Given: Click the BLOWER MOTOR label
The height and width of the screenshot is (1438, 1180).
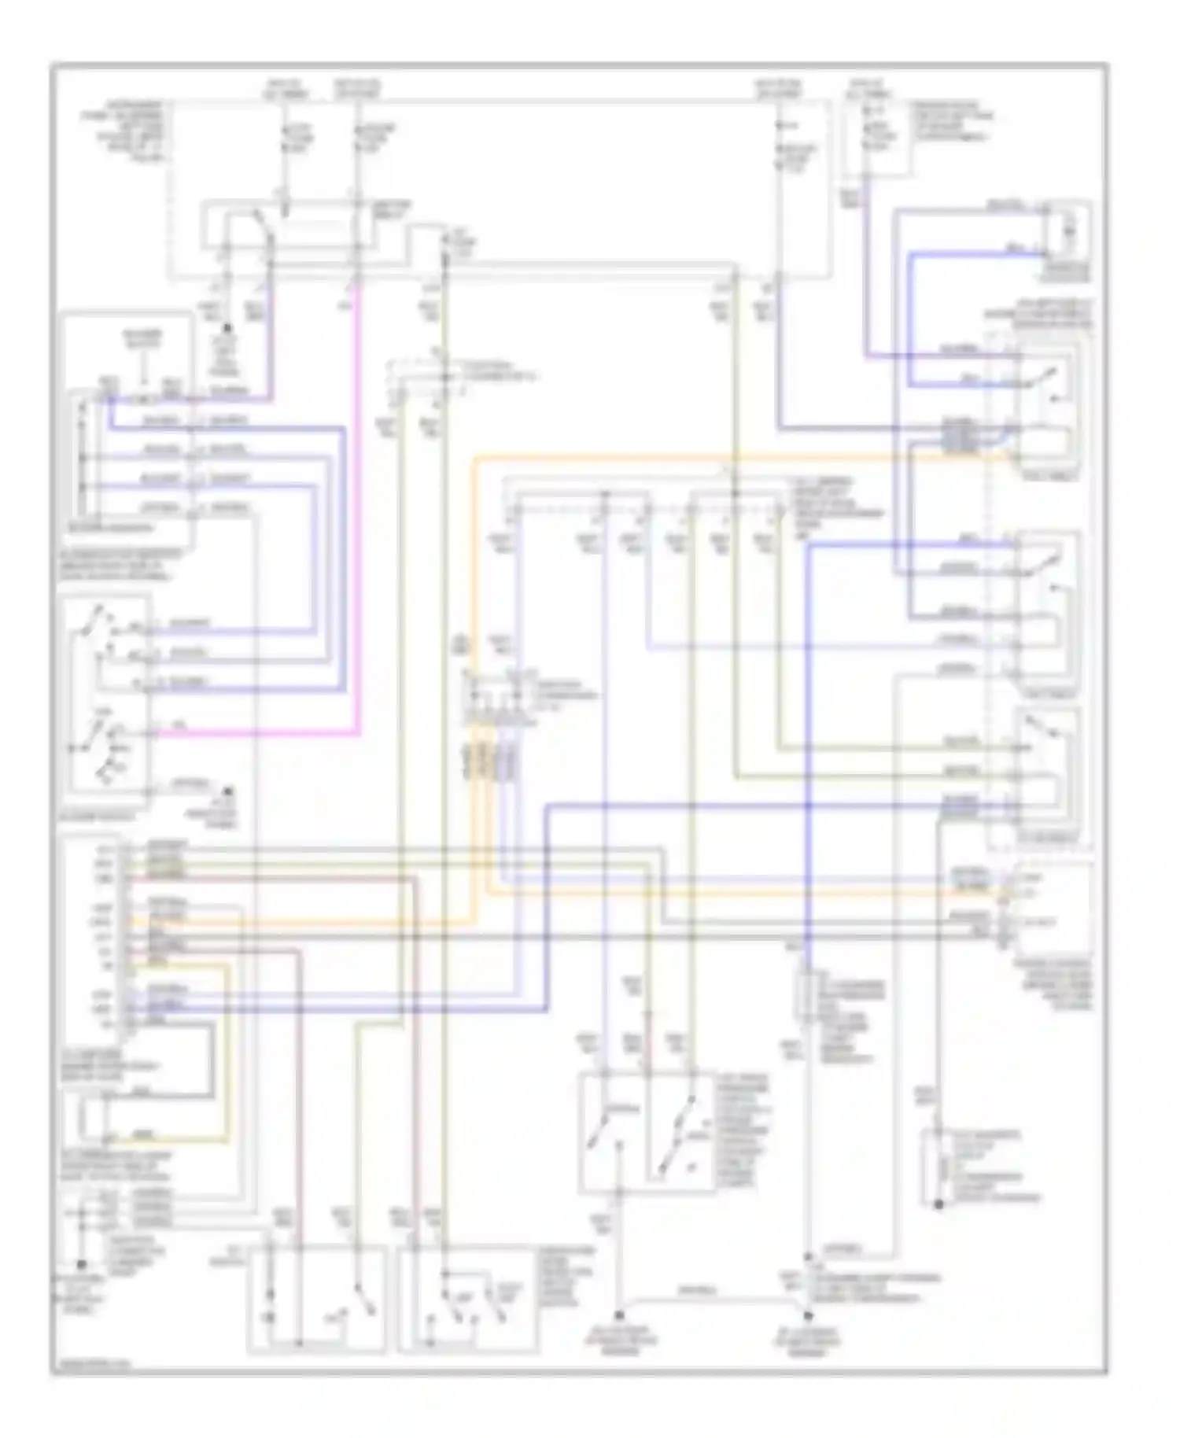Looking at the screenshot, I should coord(142,338).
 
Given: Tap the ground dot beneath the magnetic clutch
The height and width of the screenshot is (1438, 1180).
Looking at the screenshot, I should coord(938,1204).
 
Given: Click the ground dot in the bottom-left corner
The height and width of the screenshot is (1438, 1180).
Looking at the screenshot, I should coord(80,1264).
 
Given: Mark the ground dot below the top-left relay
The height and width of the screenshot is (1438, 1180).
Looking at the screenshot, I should coord(227,326).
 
